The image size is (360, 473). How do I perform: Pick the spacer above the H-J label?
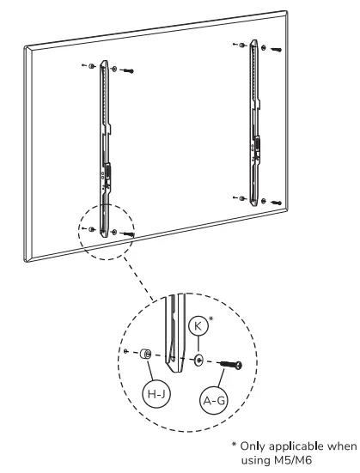tap(147, 354)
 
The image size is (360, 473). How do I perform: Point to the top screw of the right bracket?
tap(275, 49)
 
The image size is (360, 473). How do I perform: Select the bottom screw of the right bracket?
tap(275, 203)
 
